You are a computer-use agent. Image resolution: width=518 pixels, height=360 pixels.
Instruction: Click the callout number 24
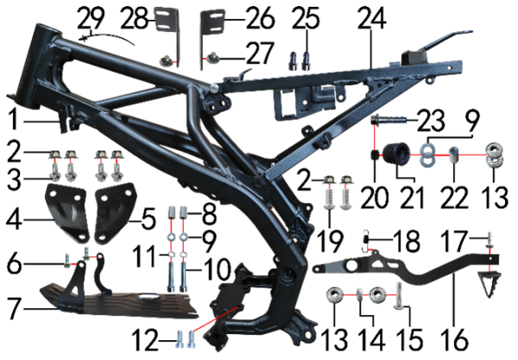pyautogui.click(x=371, y=18)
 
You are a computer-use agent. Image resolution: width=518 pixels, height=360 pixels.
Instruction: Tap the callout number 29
pyautogui.click(x=91, y=18)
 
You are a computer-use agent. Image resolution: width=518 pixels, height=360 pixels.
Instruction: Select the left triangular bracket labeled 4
pyautogui.click(x=66, y=212)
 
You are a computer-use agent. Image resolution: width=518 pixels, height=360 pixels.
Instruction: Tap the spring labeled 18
pyautogui.click(x=366, y=241)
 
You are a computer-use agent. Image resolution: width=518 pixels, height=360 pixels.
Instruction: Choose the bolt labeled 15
pyautogui.click(x=398, y=296)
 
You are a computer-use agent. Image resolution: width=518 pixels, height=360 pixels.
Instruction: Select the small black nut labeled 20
pyautogui.click(x=375, y=155)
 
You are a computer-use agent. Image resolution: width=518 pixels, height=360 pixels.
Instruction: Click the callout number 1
pyautogui.click(x=13, y=120)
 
